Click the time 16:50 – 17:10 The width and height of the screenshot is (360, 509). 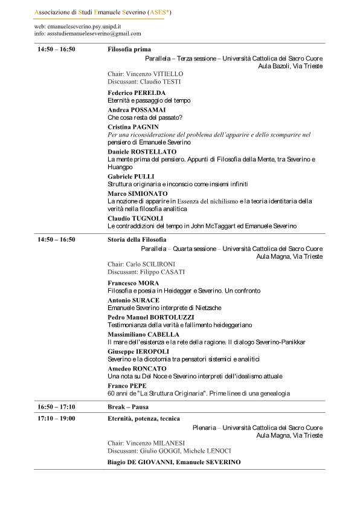coord(56,407)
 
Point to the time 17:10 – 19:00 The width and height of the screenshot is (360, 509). coord(56,418)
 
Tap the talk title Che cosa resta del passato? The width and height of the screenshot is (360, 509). coord(145,117)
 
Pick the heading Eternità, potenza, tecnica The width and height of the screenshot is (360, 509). coord(143,418)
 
